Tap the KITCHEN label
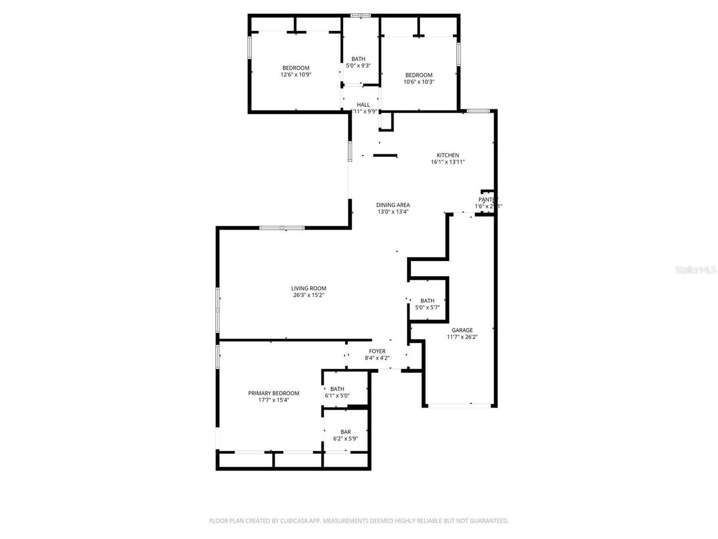click(448, 156)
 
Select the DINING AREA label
click(393, 205)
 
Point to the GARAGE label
click(462, 330)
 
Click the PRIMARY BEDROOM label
click(274, 394)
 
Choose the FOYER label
click(377, 351)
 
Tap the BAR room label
click(346, 432)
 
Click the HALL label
click(363, 104)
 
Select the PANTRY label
click(488, 200)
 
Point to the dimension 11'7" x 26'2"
click(462, 337)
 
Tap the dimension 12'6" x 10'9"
click(296, 75)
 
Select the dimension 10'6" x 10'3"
click(419, 82)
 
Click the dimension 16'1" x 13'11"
click(448, 162)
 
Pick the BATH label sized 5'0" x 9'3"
click(358, 59)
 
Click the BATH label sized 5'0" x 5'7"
click(427, 301)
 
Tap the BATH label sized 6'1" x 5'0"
click(337, 389)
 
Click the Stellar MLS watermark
click(696, 270)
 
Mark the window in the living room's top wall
click(282, 228)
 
